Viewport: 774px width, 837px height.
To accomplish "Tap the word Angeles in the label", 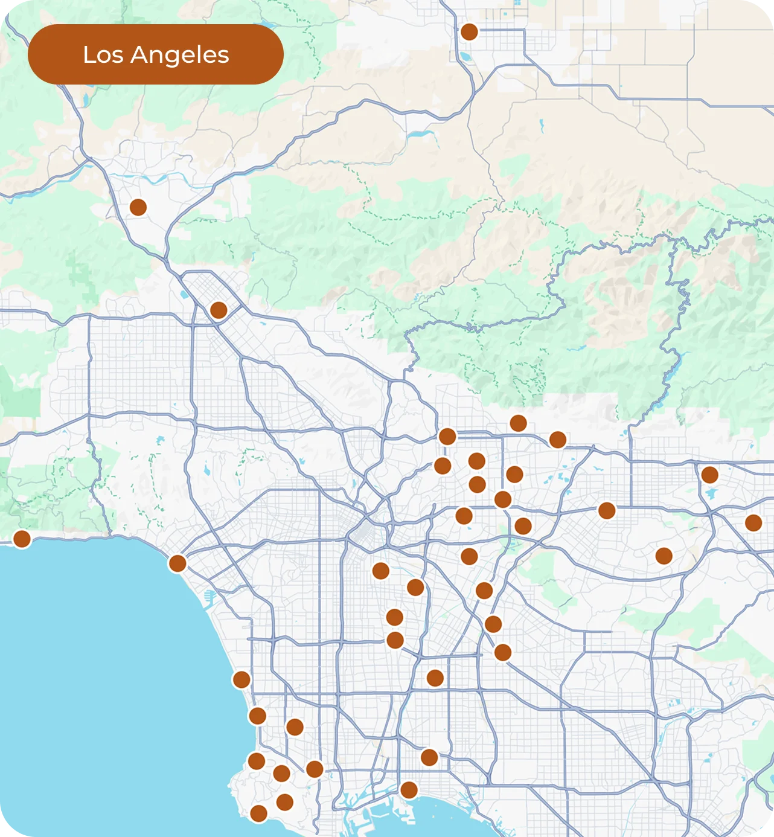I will pyautogui.click(x=180, y=56).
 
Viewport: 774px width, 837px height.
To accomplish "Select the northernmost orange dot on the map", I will pyautogui.click(x=469, y=31).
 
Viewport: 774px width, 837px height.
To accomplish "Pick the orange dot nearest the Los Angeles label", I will pyautogui.click(x=138, y=207).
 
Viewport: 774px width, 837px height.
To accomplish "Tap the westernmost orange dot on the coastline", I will pyautogui.click(x=22, y=539).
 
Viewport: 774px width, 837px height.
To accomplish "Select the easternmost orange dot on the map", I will pyautogui.click(x=753, y=522).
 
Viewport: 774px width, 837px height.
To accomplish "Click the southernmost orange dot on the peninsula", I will pyautogui.click(x=258, y=813).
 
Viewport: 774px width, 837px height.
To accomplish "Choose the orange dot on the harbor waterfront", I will pyautogui.click(x=409, y=790).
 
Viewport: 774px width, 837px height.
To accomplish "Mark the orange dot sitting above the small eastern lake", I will pyautogui.click(x=709, y=475).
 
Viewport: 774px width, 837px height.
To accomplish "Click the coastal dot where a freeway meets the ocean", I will pyautogui.click(x=178, y=563).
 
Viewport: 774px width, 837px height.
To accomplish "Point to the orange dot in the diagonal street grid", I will pyautogui.click(x=219, y=310).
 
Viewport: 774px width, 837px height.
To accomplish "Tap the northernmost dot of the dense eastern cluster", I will pyautogui.click(x=518, y=423).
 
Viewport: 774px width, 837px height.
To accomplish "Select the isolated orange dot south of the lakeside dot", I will pyautogui.click(x=664, y=556).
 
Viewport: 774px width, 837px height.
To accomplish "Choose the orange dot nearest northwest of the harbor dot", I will pyautogui.click(x=429, y=757).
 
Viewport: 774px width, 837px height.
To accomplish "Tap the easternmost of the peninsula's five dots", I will pyautogui.click(x=315, y=769).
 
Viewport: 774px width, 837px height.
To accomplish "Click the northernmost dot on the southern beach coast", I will pyautogui.click(x=241, y=679).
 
